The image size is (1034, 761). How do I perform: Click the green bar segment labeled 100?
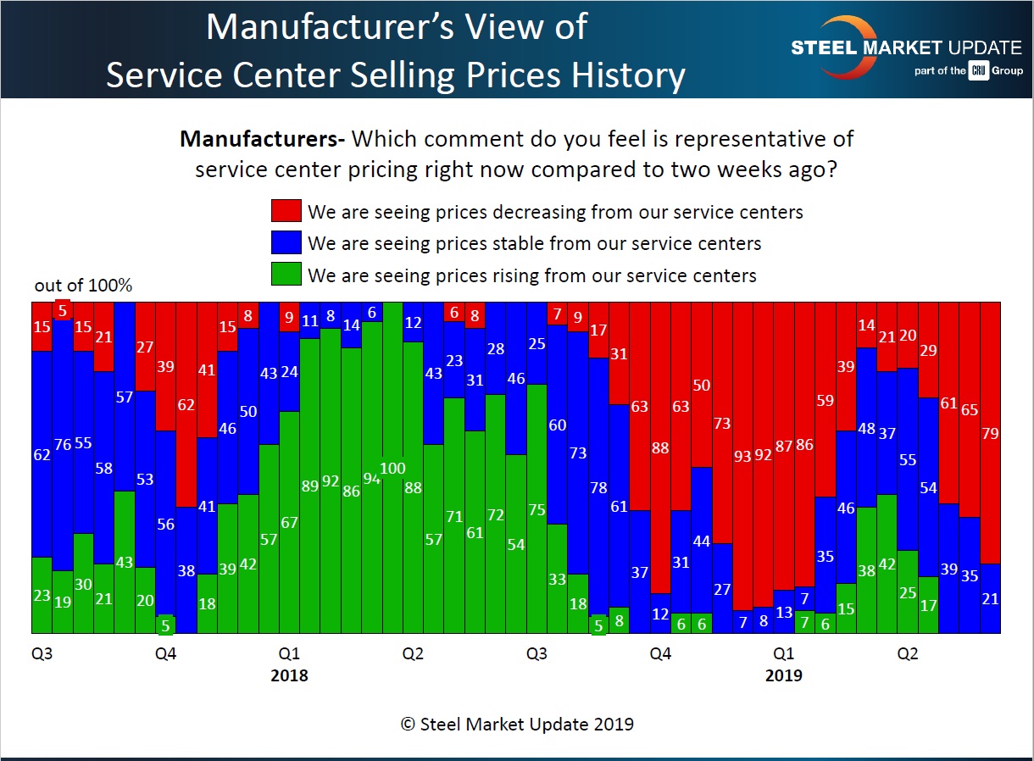coord(392,468)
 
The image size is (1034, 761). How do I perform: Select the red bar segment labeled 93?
coord(742,456)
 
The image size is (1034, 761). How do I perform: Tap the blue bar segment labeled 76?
coord(62,445)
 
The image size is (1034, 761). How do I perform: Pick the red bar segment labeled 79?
coord(990,433)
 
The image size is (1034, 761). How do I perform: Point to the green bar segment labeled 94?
coord(372,477)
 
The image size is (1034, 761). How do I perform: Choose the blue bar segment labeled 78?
coord(598,486)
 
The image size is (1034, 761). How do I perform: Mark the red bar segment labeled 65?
coord(969,409)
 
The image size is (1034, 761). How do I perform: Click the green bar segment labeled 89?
coord(310,486)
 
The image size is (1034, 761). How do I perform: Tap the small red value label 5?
coord(62,310)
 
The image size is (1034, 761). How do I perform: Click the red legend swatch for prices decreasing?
coord(286,211)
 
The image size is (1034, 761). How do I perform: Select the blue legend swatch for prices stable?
coord(286,243)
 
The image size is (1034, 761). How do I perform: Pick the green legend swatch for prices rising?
coord(286,275)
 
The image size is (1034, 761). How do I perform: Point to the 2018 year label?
coord(289,676)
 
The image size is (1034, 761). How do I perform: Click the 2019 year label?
coord(783,676)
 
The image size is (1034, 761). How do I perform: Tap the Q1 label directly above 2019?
coord(783,654)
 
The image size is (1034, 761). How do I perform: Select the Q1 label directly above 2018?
coord(289,654)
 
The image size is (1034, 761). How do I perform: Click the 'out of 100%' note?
coord(83,286)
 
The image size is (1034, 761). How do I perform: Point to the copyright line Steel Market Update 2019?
coord(516,725)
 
